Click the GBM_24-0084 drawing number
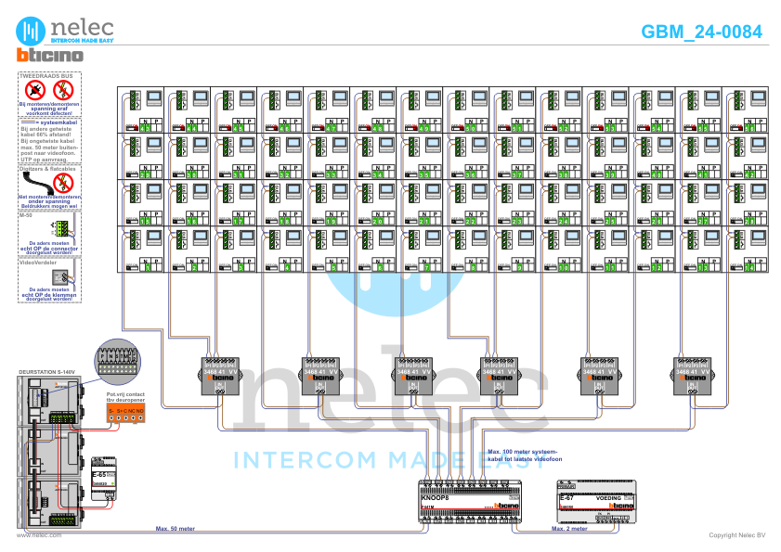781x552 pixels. click(x=701, y=32)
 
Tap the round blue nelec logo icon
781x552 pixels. click(x=34, y=29)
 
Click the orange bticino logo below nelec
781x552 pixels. click(x=50, y=56)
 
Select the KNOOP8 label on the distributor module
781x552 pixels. click(x=436, y=498)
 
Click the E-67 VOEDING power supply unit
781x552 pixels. click(x=595, y=498)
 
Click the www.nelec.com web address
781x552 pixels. click(x=38, y=535)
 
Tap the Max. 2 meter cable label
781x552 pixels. click(x=569, y=529)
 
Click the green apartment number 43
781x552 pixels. click(x=145, y=127)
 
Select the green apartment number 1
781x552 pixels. click(x=145, y=266)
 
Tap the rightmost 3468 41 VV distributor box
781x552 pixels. click(x=696, y=378)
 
